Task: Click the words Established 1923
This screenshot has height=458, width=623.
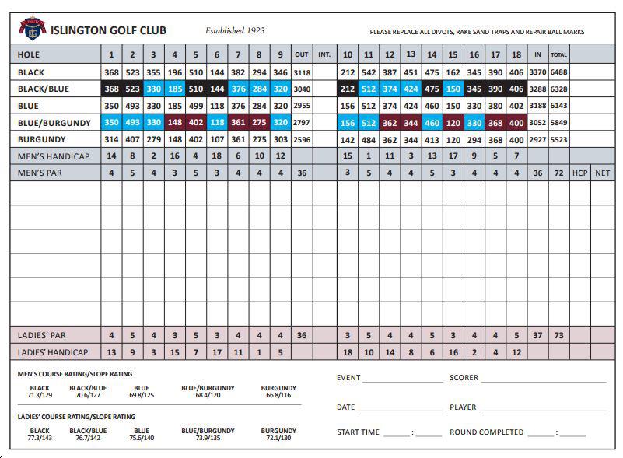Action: point(235,31)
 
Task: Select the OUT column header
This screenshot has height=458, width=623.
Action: point(302,55)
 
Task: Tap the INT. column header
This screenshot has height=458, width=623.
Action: point(324,55)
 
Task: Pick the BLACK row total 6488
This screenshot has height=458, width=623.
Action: point(559,72)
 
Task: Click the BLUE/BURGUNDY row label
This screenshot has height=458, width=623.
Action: point(54,123)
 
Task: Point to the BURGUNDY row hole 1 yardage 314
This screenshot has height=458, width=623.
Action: point(111,140)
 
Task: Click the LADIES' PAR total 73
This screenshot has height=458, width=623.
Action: point(559,335)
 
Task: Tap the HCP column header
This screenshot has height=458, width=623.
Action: point(580,173)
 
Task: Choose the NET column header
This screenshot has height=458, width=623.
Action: point(602,173)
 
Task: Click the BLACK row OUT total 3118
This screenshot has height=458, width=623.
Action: point(302,72)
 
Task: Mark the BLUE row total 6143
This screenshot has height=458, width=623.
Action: point(559,106)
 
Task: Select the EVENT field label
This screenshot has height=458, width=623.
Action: point(348,378)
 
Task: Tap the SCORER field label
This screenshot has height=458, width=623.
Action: point(464,378)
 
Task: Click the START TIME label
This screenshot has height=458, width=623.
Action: point(358,432)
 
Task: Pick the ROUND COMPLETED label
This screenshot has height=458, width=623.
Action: point(486,432)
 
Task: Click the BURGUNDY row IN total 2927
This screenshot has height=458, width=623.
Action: point(537,140)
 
